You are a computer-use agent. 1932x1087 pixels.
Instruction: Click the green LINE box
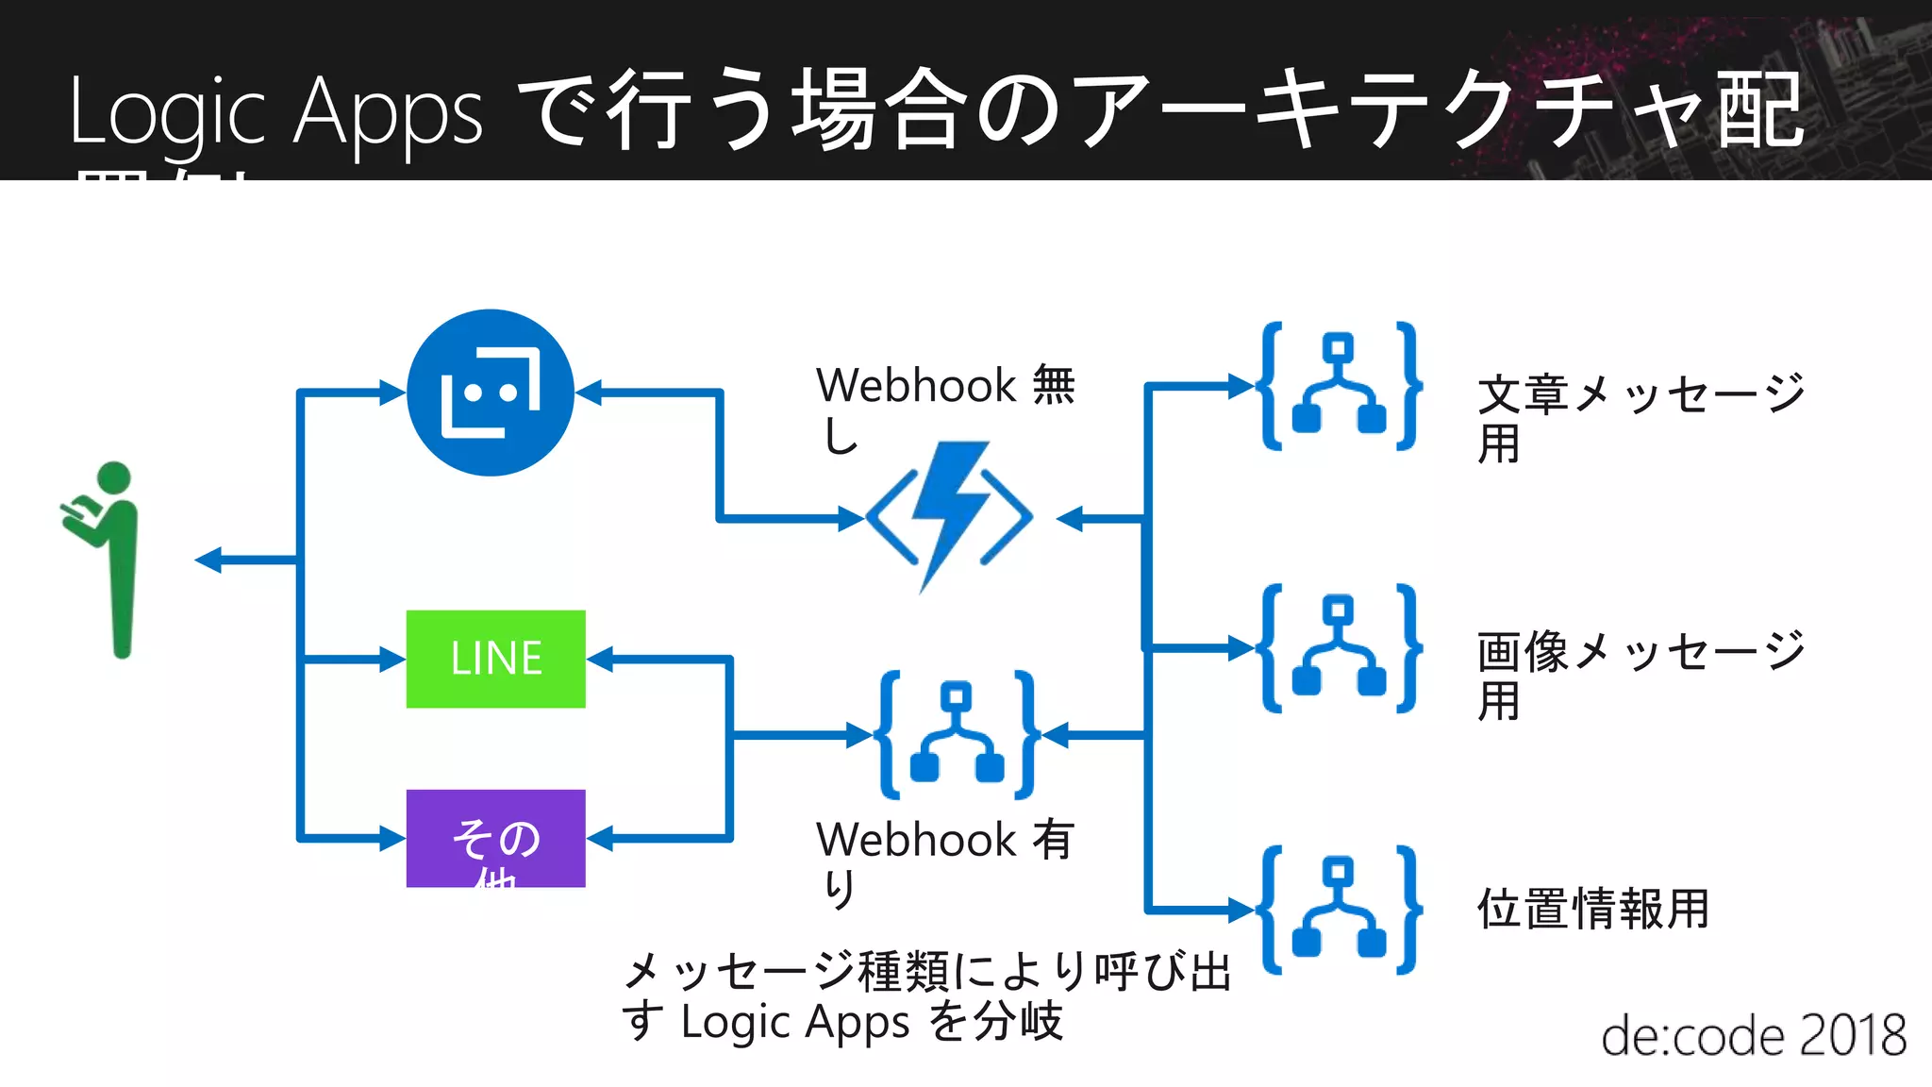495,659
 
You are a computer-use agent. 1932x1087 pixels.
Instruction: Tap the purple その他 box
495,838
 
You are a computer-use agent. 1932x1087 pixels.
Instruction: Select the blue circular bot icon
490,393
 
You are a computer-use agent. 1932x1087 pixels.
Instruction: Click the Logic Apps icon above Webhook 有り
957,734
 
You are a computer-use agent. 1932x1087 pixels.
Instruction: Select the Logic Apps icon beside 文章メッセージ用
1340,386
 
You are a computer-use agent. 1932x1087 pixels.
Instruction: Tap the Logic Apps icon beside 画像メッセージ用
1340,648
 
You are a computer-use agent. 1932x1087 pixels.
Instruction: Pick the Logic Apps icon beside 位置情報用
1340,910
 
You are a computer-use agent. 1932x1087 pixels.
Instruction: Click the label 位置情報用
1592,909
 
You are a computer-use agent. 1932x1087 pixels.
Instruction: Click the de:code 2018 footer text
1753,1035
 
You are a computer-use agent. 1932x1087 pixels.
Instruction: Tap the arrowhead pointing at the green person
208,560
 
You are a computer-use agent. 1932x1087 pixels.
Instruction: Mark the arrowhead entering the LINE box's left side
391,659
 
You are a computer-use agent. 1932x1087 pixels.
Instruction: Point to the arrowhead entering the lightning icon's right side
1070,518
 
